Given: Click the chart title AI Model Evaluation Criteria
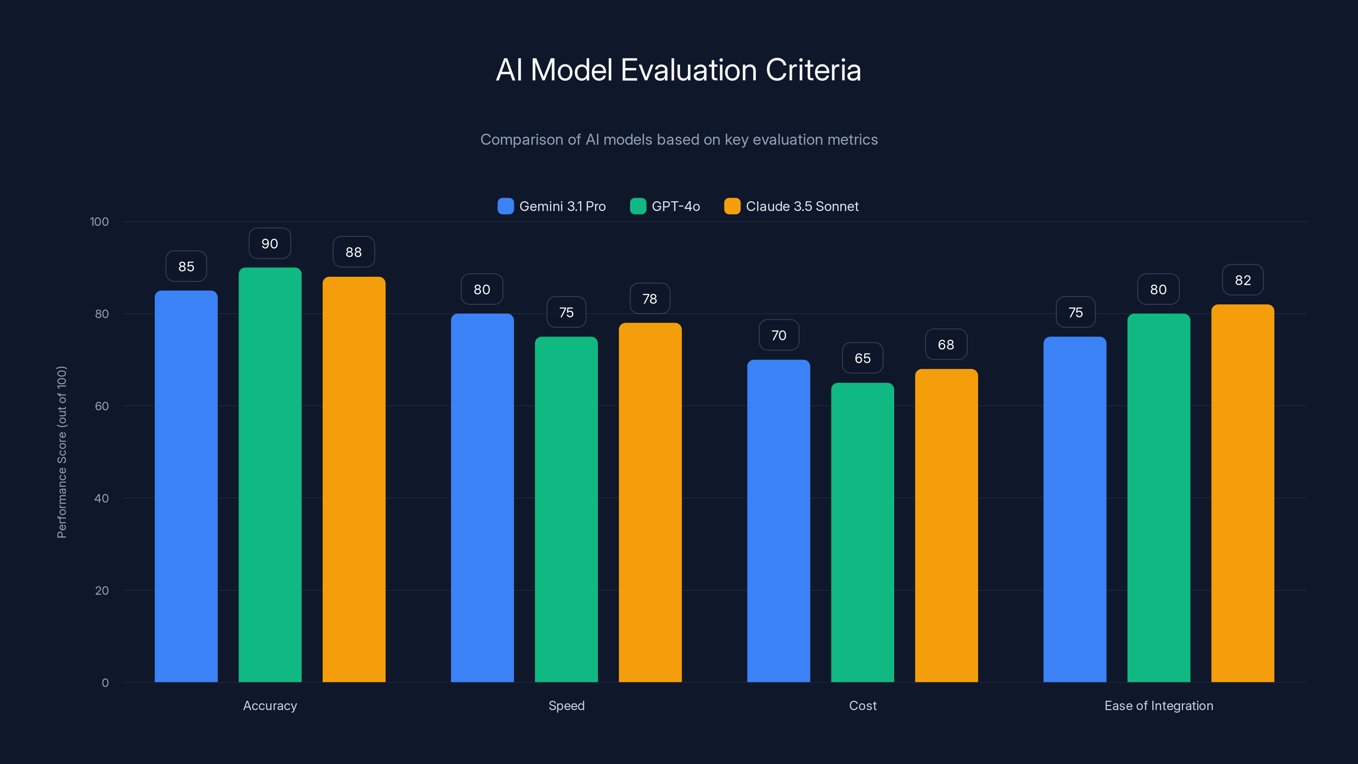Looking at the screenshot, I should pyautogui.click(x=679, y=70).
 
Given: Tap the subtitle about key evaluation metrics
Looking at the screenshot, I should pyautogui.click(x=679, y=140).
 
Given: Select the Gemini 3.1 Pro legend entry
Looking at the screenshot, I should pyautogui.click(x=552, y=206).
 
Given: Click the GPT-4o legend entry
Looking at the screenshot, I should pyautogui.click(x=665, y=206).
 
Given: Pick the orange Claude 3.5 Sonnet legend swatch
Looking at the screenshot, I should pyautogui.click(x=732, y=206).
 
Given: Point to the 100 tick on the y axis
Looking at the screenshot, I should pyautogui.click(x=99, y=222).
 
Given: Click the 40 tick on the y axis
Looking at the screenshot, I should pyautogui.click(x=101, y=498).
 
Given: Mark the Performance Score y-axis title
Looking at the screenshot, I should pyautogui.click(x=62, y=452).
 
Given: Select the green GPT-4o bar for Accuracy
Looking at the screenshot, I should pyautogui.click(x=270, y=475).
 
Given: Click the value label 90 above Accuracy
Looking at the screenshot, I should pyautogui.click(x=270, y=244).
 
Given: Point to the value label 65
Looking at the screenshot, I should pyautogui.click(x=862, y=359).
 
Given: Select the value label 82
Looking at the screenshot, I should pyautogui.click(x=1243, y=280).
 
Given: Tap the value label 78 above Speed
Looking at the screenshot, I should pyautogui.click(x=649, y=299).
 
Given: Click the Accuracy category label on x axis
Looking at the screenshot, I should pyautogui.click(x=270, y=705).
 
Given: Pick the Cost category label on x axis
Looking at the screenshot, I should pyautogui.click(x=862, y=705).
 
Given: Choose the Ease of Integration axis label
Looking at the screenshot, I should pyautogui.click(x=1159, y=705).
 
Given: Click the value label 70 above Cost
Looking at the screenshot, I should pyautogui.click(x=779, y=335).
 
